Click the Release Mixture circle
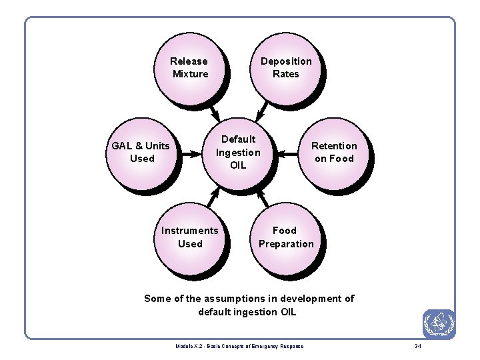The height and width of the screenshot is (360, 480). coord(189,67)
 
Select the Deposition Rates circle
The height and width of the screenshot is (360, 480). coord(285,67)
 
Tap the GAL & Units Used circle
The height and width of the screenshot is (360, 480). coord(141,153)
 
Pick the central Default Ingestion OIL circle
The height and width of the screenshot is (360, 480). coord(238,153)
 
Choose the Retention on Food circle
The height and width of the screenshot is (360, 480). coord(334,153)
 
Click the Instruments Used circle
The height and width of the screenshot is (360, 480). coord(189,237)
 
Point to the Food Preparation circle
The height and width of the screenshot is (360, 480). coord(285,237)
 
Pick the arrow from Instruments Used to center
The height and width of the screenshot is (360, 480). coord(213,195)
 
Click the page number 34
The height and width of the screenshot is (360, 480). coord(418,346)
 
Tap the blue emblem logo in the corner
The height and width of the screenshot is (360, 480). coord(439,325)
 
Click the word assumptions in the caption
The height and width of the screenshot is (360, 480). coord(229,299)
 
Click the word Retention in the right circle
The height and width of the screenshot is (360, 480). coord(334,146)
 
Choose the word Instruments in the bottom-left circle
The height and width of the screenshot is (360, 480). coord(189,231)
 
